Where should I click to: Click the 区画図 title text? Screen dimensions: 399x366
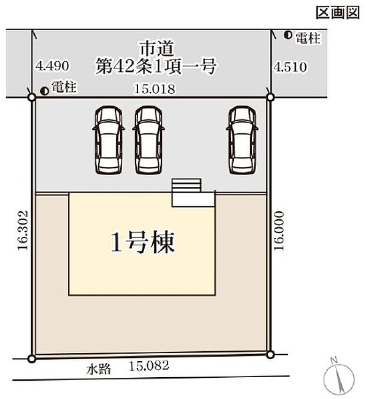tap(338, 13)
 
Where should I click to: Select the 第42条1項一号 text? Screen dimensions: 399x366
tap(155, 65)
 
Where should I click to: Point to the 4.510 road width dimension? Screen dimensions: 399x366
tap(290, 67)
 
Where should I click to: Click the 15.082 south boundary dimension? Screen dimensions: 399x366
tap(149, 366)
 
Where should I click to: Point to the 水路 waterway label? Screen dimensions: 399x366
tap(100, 369)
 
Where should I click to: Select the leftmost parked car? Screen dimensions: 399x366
tap(108, 139)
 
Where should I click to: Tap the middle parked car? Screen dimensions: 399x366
tap(148, 139)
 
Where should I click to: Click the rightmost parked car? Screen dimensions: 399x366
tap(241, 139)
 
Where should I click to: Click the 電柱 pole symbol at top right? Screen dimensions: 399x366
tap(287, 36)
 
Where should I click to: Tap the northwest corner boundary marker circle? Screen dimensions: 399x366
tap(32, 97)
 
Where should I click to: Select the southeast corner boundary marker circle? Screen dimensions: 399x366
tap(270, 355)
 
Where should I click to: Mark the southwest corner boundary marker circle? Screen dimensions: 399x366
tap(32, 357)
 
